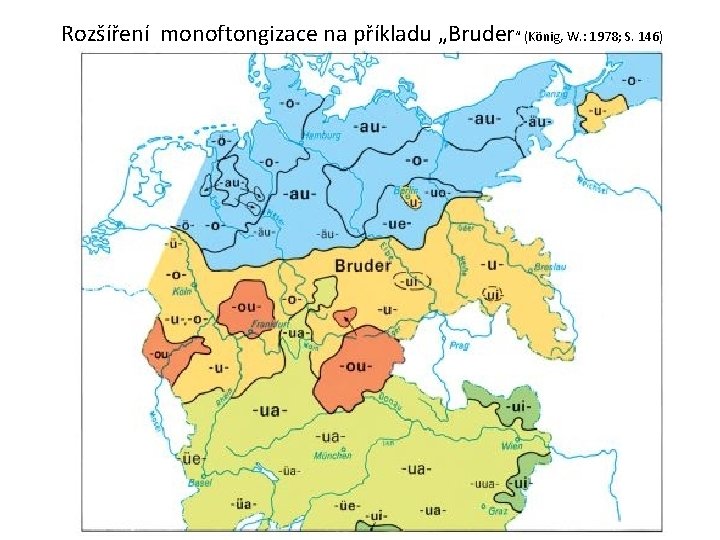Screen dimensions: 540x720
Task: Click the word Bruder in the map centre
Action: coord(363,266)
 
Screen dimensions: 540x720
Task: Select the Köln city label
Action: coord(180,292)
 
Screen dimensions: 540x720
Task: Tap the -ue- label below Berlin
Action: coord(400,225)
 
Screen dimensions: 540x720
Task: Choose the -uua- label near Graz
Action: coord(487,484)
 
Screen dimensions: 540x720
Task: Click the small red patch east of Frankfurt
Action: coord(344,318)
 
